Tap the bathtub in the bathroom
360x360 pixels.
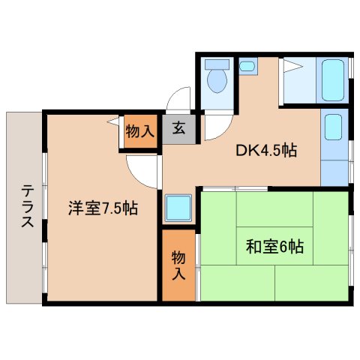331,80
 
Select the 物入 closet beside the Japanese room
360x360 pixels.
178,265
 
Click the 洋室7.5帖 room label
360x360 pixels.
103,208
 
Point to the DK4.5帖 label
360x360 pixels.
267,150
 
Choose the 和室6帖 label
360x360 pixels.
275,245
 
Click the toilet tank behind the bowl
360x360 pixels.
217,64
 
